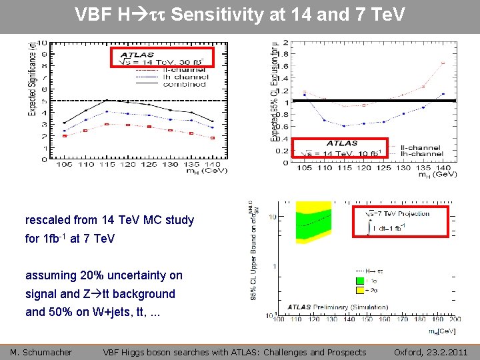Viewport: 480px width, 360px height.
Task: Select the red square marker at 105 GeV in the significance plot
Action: [x=65, y=135]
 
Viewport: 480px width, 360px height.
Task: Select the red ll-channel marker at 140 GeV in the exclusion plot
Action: [x=443, y=63]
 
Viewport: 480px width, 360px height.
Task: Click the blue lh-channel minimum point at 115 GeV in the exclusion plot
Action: [x=343, y=126]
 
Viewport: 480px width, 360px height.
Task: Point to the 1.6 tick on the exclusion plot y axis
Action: [x=286, y=66]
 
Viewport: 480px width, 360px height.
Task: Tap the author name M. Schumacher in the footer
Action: [x=41, y=352]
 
